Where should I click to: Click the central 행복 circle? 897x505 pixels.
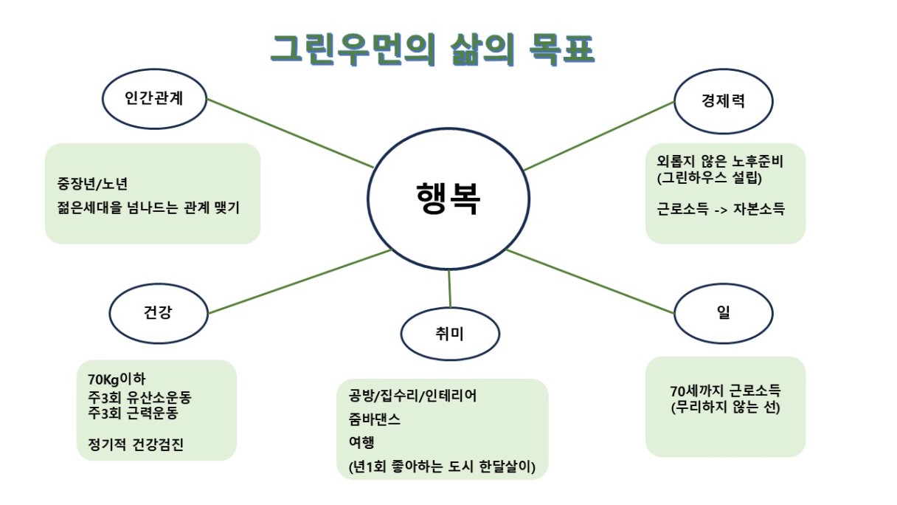tap(448, 199)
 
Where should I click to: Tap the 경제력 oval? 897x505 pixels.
tap(723, 101)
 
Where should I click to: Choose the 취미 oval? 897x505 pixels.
tap(450, 334)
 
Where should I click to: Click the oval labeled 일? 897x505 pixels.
tap(723, 312)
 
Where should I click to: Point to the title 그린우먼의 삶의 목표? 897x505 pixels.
tap(432, 49)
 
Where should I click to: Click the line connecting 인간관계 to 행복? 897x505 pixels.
tap(291, 133)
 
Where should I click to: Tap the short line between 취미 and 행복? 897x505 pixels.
tap(449, 289)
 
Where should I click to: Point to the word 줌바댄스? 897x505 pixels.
tap(375, 419)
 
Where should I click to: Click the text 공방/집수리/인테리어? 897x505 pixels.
tap(413, 396)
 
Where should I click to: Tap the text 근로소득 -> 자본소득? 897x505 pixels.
tap(721, 209)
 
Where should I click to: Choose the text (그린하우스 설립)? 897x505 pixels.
tap(708, 178)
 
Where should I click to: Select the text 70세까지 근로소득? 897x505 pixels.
tap(725, 391)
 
